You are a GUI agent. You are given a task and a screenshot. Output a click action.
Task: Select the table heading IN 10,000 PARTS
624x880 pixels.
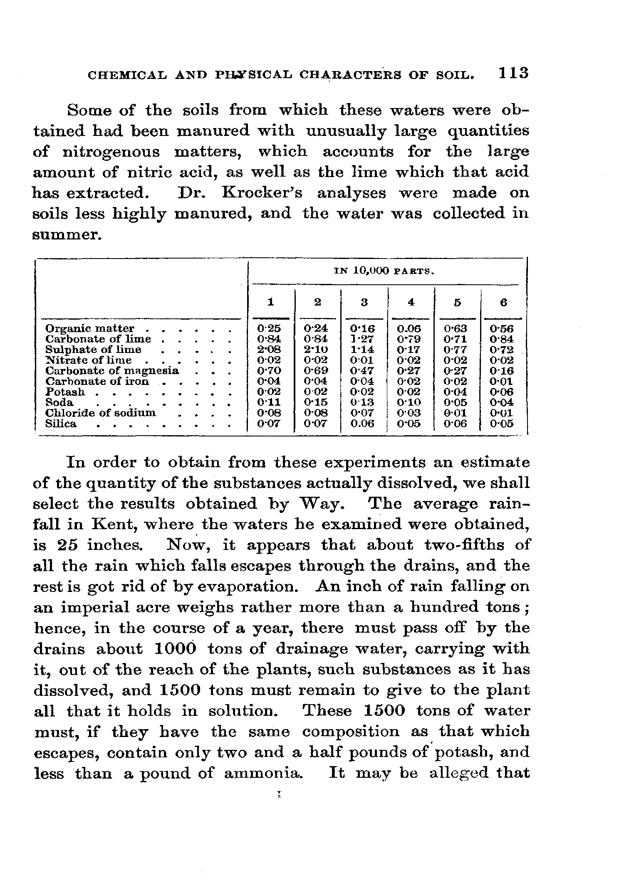click(384, 271)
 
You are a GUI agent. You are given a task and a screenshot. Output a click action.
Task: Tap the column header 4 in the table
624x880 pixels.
click(411, 302)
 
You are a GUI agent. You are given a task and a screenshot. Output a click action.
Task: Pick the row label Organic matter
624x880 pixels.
click(89, 328)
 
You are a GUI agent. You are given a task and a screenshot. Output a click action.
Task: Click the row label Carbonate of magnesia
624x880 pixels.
click(112, 370)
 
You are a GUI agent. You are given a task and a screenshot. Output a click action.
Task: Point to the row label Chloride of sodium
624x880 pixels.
click(100, 413)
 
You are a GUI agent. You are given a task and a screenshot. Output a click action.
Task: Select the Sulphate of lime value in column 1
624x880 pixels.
click(269, 350)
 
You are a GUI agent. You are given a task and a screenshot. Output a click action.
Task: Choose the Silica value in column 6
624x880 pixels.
click(502, 424)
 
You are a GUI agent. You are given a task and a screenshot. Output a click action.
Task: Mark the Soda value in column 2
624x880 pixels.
click(316, 402)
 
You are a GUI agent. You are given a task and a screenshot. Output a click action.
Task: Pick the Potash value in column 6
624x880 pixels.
click(502, 392)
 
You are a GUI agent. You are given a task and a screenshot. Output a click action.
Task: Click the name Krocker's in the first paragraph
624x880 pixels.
click(262, 193)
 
